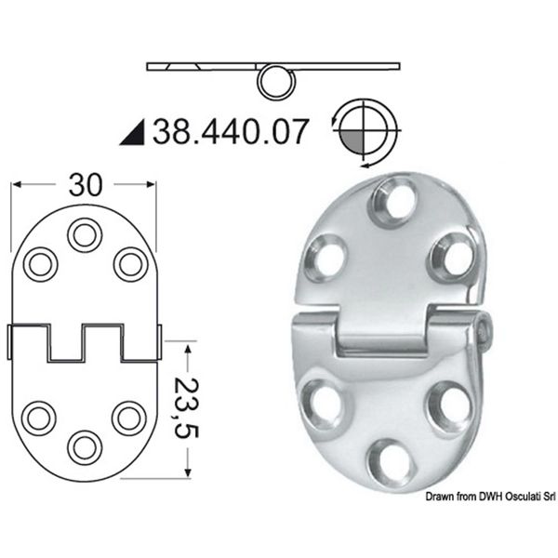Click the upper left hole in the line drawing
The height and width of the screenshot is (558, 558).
40,264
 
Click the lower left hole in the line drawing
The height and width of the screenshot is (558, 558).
40,416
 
